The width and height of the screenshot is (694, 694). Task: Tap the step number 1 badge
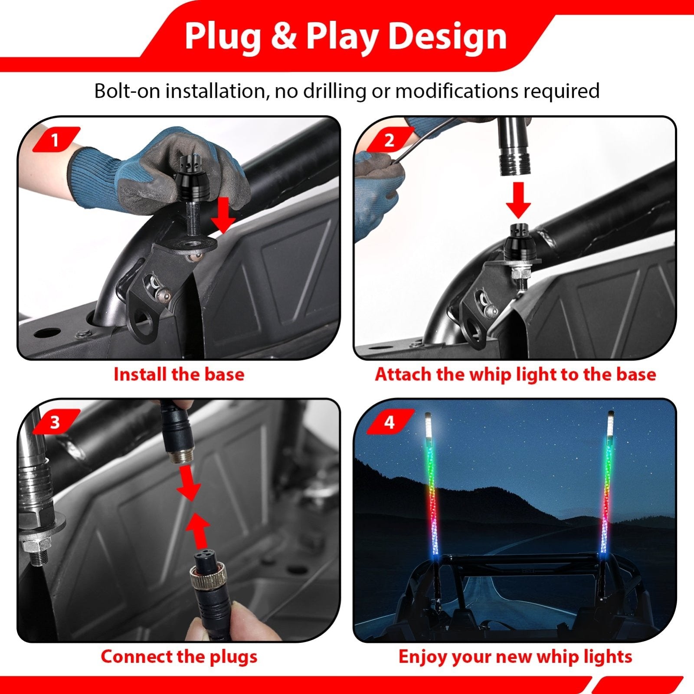click(55, 140)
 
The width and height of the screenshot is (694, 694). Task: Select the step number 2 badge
click(389, 140)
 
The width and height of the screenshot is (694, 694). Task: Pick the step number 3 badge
click(55, 422)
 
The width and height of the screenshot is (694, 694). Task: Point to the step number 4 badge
click(389, 422)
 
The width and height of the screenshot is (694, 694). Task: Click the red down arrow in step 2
click(518, 200)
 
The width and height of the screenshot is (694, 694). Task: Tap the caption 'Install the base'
click(179, 374)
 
